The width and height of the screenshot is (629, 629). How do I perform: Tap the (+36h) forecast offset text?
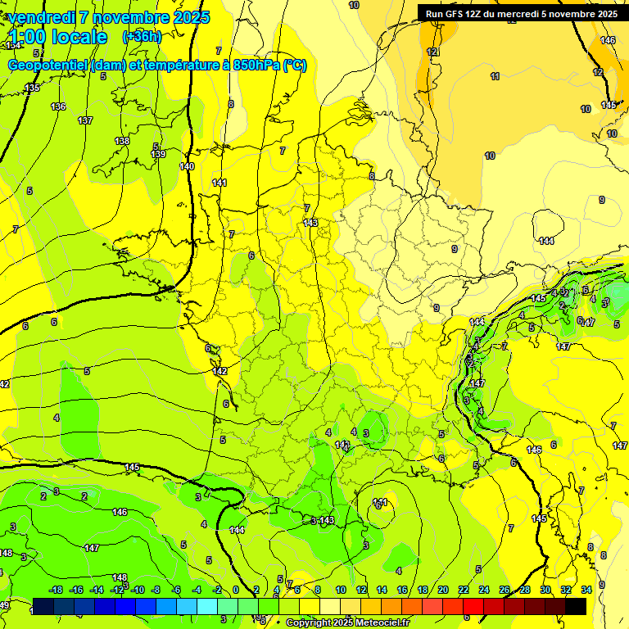click(x=142, y=36)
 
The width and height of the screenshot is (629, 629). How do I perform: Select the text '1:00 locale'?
click(x=58, y=37)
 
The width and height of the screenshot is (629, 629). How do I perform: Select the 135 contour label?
click(x=31, y=88)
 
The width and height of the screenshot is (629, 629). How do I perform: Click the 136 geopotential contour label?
click(x=58, y=106)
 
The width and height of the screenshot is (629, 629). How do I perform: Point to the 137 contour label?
click(x=85, y=120)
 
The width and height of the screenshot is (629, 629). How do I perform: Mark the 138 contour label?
click(x=122, y=141)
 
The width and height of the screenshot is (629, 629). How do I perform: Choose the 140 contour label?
click(x=187, y=166)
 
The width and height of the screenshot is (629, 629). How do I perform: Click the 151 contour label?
click(x=380, y=502)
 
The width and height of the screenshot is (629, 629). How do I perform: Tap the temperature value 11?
click(x=495, y=76)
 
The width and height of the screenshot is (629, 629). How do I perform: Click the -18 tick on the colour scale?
click(x=56, y=590)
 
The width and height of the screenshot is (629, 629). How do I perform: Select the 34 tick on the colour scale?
click(x=586, y=590)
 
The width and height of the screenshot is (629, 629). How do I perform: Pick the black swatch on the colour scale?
click(x=576, y=606)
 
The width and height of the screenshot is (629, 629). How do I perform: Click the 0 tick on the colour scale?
click(x=236, y=590)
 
